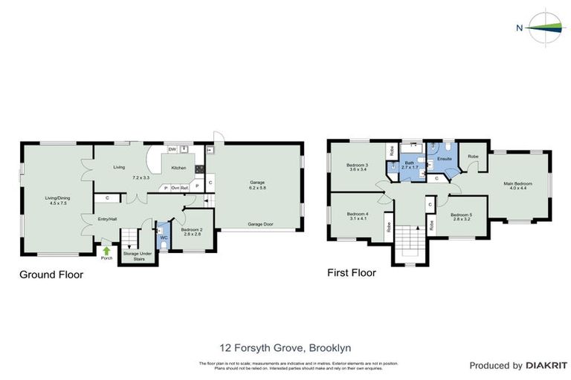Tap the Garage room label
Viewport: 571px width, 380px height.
coord(258,183)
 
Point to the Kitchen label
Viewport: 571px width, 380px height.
coord(179,168)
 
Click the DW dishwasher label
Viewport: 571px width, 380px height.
coord(172,150)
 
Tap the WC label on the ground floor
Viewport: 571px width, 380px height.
coord(163,237)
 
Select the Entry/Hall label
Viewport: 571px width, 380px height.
coord(107,219)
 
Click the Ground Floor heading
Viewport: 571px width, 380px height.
coord(51,275)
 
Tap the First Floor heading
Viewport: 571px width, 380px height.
coord(352,272)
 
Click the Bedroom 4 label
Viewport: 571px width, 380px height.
coord(358,214)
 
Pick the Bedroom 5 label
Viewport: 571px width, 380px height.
coord(462,215)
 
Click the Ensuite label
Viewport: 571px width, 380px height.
coord(445,159)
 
